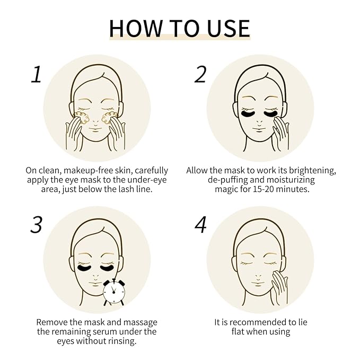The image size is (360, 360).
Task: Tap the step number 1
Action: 36,75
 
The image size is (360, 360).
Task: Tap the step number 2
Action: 200,75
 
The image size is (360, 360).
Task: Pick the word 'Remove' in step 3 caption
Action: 52,322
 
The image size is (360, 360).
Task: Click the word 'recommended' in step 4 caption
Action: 261,322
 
